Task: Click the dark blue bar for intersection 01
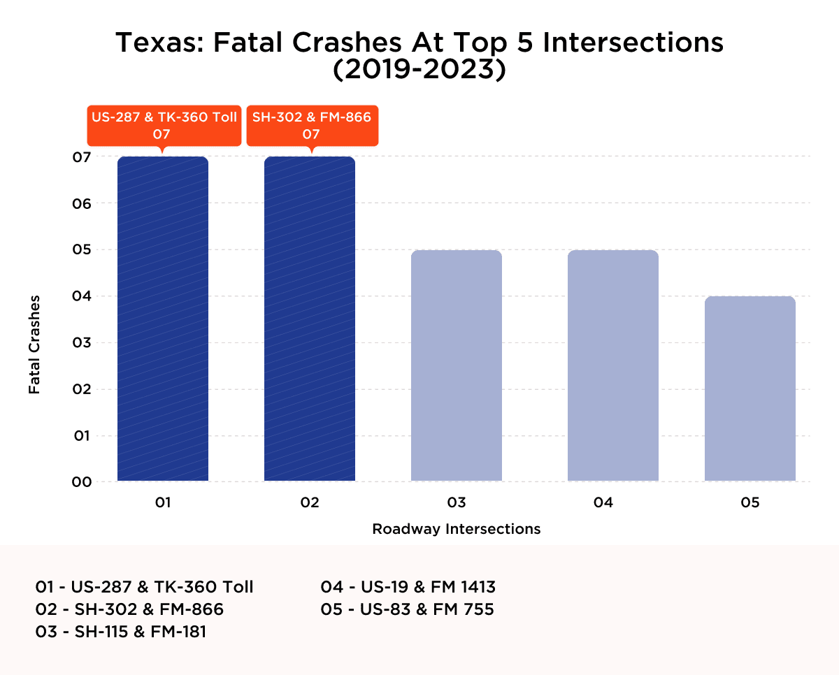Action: [x=163, y=319]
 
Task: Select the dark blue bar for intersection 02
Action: [x=310, y=319]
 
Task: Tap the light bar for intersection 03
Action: [x=457, y=365]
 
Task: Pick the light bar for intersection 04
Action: [x=612, y=365]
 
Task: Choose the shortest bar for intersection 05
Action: [x=750, y=389]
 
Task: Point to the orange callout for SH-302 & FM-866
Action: [x=312, y=125]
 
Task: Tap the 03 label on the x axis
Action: [x=457, y=502]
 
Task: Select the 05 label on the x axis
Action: [x=750, y=502]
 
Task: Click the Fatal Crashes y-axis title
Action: [x=34, y=344]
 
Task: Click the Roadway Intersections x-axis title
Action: [x=457, y=529]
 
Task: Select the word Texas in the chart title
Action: [x=159, y=43]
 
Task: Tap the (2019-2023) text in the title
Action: [x=419, y=71]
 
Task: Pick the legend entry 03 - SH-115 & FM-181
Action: [x=121, y=632]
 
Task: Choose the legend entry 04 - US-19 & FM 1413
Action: [x=408, y=586]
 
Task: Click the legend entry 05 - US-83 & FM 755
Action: [x=407, y=609]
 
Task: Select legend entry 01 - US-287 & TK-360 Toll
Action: [x=144, y=586]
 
